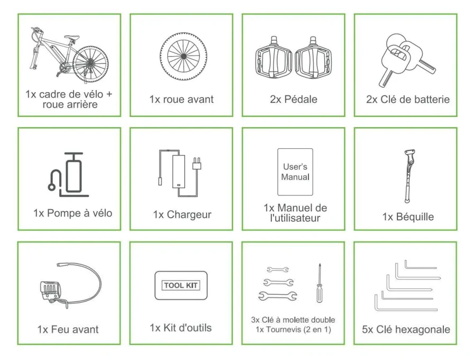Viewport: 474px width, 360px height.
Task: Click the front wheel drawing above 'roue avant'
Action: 184,56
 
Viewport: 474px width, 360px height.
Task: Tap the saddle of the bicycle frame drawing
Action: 72,37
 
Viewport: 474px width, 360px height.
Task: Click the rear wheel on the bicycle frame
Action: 90,65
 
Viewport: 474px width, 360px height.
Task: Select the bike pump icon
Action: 68,175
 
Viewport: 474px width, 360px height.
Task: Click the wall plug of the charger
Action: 197,164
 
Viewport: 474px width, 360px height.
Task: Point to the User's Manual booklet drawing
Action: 295,172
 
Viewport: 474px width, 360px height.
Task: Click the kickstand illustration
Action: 409,176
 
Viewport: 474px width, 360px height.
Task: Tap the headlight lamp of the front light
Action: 50,290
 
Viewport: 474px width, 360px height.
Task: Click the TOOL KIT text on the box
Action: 181,285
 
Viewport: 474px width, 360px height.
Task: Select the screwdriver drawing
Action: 320,283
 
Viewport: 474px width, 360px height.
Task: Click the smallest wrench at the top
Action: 278,269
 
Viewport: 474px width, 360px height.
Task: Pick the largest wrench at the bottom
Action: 278,296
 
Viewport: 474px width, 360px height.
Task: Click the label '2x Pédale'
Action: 294,99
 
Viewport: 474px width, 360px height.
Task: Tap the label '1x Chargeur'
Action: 182,214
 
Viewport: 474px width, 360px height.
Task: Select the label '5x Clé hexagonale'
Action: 406,329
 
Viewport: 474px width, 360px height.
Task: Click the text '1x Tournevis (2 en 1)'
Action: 293,329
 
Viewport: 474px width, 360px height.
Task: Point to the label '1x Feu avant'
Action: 68,329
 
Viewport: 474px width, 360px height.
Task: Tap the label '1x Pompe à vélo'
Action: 73,213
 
